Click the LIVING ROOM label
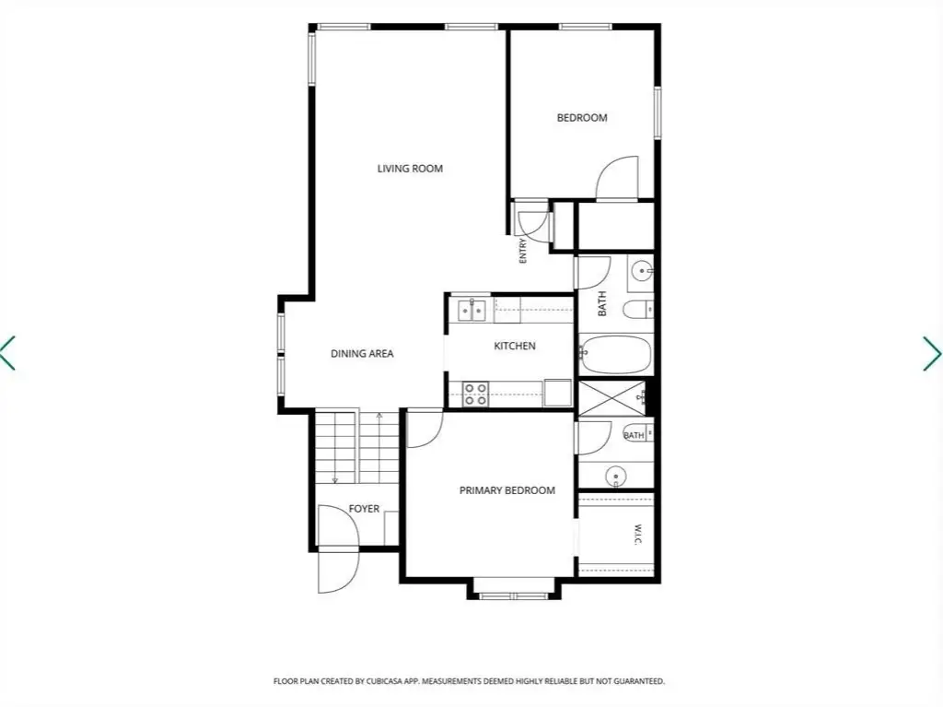click(410, 169)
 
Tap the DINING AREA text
click(362, 354)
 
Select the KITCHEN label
click(515, 346)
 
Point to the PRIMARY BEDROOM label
click(507, 490)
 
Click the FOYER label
click(364, 509)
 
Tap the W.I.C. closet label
click(637, 535)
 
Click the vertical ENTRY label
click(523, 251)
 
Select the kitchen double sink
click(472, 311)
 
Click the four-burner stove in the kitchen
click(475, 394)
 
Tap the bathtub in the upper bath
click(615, 355)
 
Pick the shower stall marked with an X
click(611, 397)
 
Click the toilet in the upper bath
click(637, 310)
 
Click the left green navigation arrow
click(7, 353)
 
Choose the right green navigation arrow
click(934, 353)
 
